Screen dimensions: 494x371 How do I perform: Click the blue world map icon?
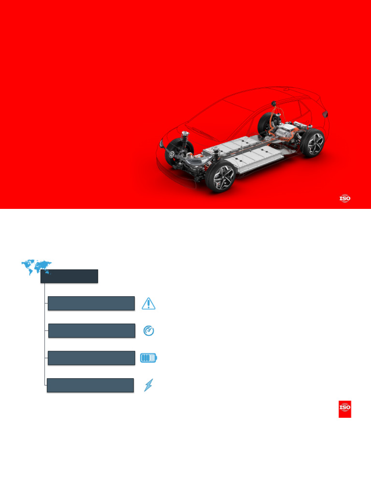coord(36,266)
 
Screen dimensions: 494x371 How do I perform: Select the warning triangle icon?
coord(149,303)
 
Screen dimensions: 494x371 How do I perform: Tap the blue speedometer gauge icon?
coord(149,331)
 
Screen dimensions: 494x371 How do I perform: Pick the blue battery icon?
coord(149,358)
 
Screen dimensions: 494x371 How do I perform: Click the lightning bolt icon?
coord(149,385)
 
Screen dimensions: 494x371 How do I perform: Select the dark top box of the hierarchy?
coord(69,276)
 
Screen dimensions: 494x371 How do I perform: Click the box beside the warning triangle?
coord(91,303)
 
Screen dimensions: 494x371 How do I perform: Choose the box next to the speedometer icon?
coord(91,331)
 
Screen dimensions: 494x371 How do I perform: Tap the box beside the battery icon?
coord(91,358)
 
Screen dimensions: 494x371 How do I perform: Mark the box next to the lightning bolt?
coord(90,385)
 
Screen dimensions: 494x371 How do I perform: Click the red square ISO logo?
coord(345,409)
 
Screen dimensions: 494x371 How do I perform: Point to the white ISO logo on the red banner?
coord(344,198)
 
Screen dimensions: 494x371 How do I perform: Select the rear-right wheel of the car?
coord(312,143)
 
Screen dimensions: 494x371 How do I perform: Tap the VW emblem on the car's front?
coord(171,155)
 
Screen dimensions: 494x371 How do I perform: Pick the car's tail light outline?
coord(326,114)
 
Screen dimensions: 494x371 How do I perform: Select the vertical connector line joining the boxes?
coord(44,333)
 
